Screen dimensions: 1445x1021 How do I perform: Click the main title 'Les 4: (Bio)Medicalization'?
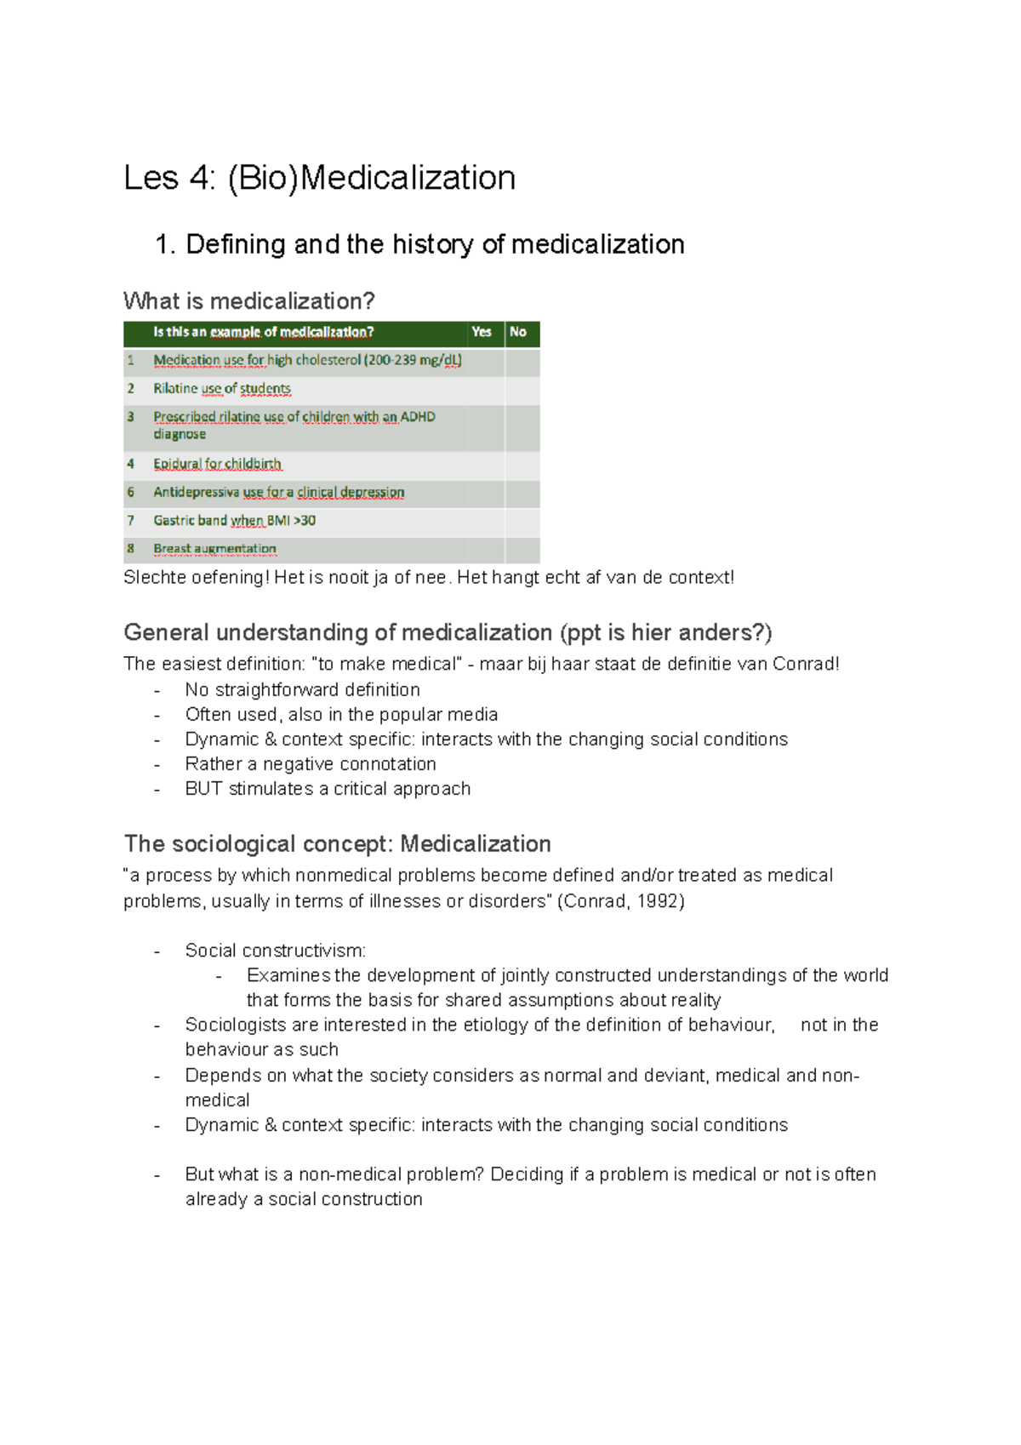(319, 178)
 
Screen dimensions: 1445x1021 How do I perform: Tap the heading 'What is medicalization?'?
(248, 301)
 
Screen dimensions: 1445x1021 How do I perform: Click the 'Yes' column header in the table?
(482, 332)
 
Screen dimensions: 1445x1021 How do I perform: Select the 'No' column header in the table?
(517, 332)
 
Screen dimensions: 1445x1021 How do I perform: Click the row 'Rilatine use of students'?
(222, 389)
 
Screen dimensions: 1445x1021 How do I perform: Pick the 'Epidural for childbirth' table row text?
(217, 464)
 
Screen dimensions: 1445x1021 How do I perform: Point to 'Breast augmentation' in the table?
(214, 549)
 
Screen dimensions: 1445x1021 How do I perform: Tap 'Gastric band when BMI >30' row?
(234, 520)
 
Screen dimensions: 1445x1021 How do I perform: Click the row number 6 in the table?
(131, 492)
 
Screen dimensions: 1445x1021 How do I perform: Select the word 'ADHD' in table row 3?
(418, 417)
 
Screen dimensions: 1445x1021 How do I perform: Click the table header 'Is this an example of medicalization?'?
(263, 332)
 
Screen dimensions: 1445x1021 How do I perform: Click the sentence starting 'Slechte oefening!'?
(428, 578)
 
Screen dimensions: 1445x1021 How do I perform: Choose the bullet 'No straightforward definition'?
(302, 689)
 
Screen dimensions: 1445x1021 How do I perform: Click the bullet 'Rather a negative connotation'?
(311, 763)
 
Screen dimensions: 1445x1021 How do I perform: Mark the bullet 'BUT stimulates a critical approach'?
(328, 788)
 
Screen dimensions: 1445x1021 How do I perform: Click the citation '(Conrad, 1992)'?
(620, 900)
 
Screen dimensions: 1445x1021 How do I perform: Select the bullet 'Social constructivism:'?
(276, 950)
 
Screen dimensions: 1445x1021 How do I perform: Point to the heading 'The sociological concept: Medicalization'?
(337, 843)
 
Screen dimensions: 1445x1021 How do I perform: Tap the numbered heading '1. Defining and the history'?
(419, 244)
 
